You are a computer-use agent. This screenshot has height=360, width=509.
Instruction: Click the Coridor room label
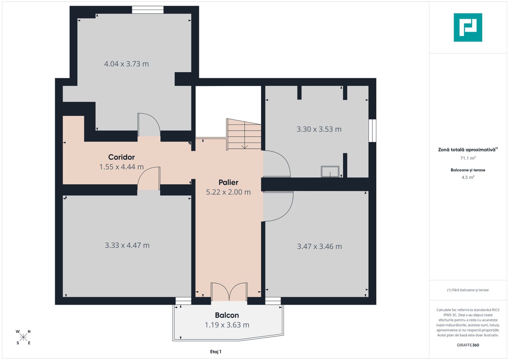tap(121, 157)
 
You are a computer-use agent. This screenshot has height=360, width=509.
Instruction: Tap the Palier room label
tap(228, 182)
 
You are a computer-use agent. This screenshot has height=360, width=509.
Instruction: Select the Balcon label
tap(227, 315)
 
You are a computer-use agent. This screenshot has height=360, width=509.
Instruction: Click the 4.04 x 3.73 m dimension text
tap(126, 64)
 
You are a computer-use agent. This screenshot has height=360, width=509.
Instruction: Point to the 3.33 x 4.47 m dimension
tap(127, 245)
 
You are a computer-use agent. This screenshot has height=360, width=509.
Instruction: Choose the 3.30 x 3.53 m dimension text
tap(319, 129)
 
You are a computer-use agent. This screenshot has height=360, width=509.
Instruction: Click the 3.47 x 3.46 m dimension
tap(319, 246)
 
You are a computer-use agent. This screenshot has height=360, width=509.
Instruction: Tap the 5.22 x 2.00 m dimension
tap(228, 192)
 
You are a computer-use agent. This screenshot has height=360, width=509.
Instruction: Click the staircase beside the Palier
tap(244, 134)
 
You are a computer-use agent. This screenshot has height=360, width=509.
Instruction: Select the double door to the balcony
tap(229, 292)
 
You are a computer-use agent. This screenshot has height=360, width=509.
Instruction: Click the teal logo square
tap(468, 27)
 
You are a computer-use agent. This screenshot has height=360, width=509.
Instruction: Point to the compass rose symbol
tap(23, 337)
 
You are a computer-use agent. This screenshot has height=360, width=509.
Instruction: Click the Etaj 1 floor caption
tap(216, 352)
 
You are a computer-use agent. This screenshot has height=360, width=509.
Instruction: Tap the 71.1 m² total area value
tap(468, 158)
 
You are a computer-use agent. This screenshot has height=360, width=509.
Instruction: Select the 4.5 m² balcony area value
tap(468, 177)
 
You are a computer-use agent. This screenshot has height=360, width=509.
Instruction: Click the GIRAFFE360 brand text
tap(468, 345)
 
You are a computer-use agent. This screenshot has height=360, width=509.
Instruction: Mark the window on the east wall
tap(372, 131)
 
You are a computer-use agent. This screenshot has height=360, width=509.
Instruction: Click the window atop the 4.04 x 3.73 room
tap(148, 10)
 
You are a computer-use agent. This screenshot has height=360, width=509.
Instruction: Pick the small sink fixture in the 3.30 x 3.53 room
tap(330, 172)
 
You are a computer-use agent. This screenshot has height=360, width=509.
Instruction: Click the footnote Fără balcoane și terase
tap(468, 290)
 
